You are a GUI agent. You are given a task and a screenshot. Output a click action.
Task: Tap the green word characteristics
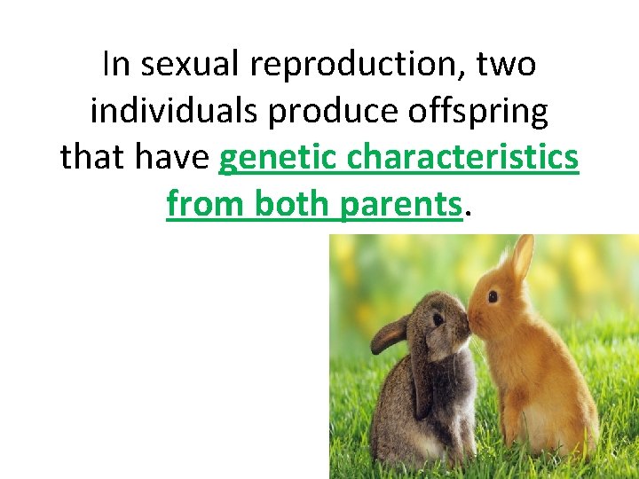[463, 158]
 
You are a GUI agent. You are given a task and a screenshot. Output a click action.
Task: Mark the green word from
[206, 204]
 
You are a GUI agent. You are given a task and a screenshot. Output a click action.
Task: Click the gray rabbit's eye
[438, 319]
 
